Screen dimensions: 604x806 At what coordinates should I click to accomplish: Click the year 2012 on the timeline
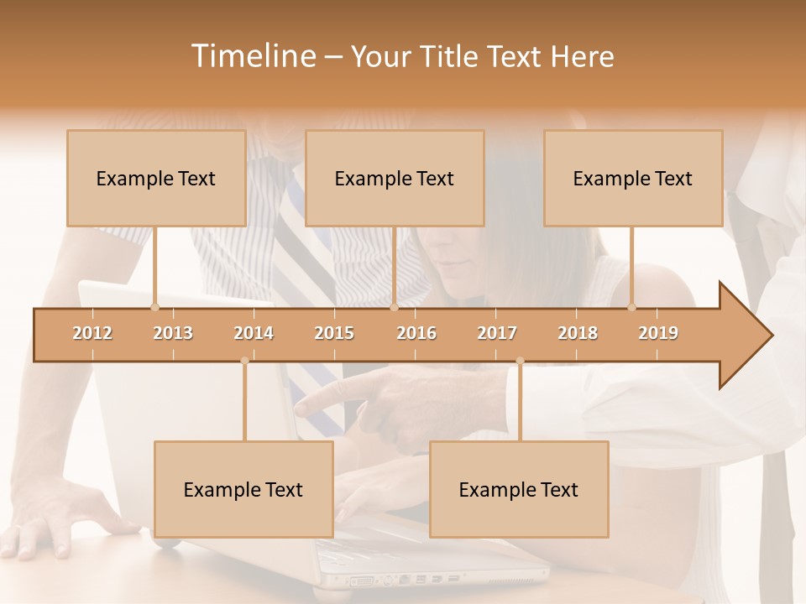click(92, 333)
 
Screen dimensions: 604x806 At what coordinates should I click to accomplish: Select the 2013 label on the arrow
click(173, 333)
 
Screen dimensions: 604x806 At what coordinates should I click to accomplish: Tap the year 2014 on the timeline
click(254, 333)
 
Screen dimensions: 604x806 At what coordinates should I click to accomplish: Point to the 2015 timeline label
click(334, 333)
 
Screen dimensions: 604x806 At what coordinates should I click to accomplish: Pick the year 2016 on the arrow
click(416, 333)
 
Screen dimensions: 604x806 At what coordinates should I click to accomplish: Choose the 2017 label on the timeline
click(497, 333)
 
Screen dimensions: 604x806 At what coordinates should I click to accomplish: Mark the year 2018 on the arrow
click(578, 333)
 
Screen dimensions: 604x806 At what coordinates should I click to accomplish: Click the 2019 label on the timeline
click(658, 333)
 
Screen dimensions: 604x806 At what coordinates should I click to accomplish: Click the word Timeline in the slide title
click(252, 56)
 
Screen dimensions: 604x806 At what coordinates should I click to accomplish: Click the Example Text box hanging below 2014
click(243, 489)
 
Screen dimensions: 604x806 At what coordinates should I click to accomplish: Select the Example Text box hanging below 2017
click(519, 489)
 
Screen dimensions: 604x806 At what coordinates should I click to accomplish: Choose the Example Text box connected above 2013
click(156, 178)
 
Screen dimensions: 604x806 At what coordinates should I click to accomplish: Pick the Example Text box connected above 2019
click(633, 178)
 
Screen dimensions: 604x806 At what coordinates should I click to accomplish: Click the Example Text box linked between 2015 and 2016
click(395, 178)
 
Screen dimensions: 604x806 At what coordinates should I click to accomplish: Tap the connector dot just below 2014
click(244, 361)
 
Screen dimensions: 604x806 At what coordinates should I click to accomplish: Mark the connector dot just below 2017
click(520, 361)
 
